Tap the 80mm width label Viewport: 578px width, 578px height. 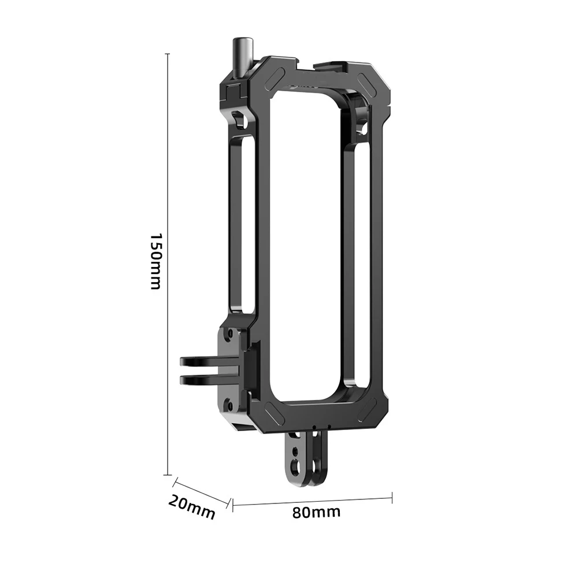(x=316, y=512)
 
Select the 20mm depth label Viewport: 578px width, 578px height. (x=191, y=507)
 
